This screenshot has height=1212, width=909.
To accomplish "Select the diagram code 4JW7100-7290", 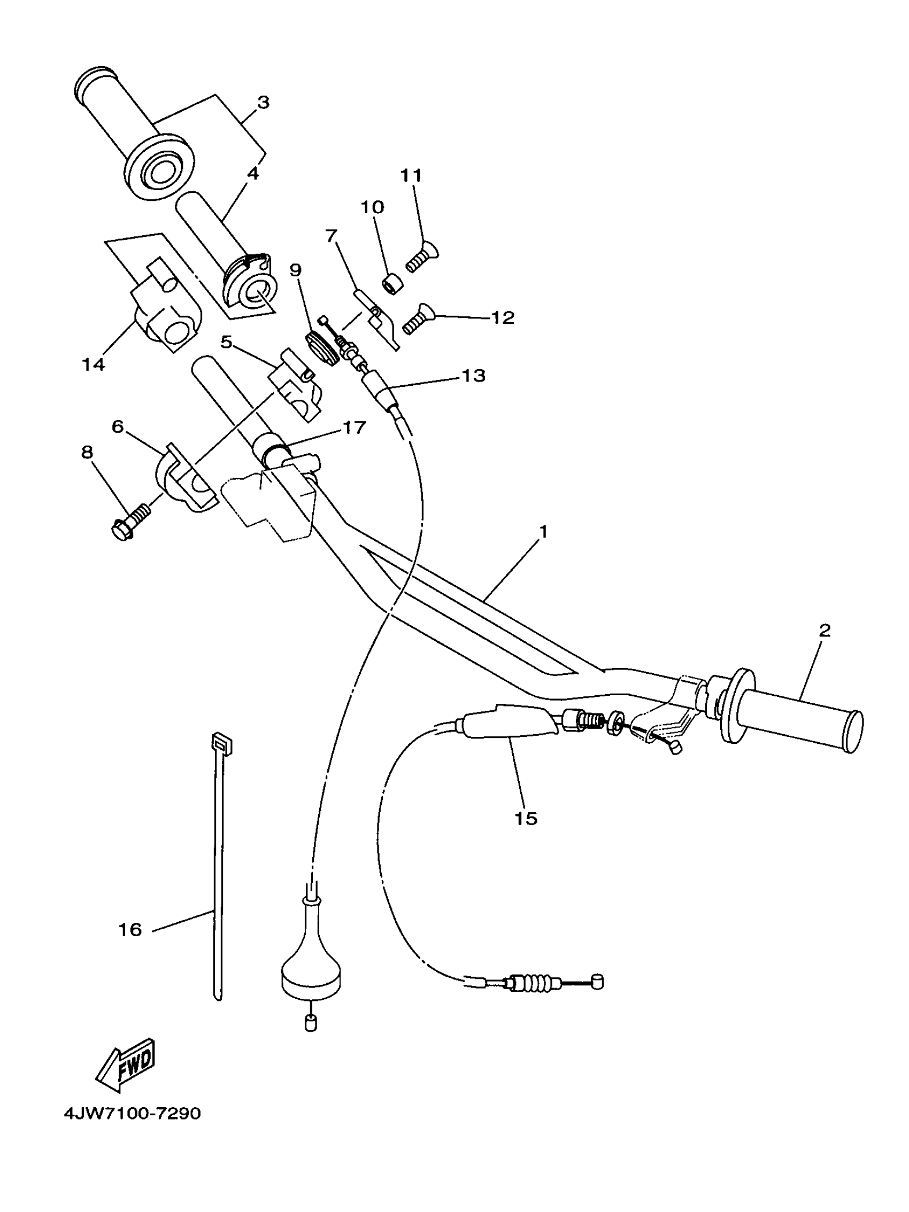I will click(x=133, y=1114).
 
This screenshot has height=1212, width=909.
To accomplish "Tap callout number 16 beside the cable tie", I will click(x=130, y=930).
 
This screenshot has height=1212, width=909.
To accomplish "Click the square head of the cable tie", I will click(x=221, y=743).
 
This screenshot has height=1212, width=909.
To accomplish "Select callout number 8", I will click(x=87, y=453).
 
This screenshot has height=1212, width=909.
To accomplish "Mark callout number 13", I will click(x=474, y=376).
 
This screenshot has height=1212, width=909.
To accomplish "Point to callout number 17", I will click(x=354, y=428).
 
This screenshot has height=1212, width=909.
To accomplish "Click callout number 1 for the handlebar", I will click(x=543, y=532).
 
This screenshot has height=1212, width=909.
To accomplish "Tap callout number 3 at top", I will click(x=264, y=103).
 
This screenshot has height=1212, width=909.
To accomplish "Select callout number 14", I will click(x=93, y=364).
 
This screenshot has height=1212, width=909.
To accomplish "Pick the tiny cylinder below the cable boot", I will click(x=310, y=1022).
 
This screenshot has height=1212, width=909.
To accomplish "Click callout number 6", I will click(x=117, y=427).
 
